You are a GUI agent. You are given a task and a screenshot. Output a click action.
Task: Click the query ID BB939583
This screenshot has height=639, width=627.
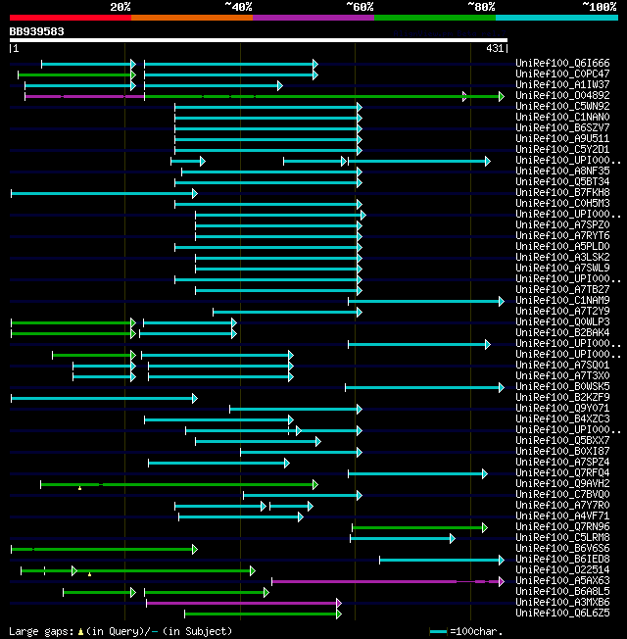point(37,31)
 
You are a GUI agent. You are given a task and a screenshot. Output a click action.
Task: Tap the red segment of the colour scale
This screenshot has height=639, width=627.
point(70,17)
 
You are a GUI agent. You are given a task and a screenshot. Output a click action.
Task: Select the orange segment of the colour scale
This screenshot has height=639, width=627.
point(191,17)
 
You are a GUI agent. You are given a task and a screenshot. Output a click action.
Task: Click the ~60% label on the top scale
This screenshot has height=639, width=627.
point(359,6)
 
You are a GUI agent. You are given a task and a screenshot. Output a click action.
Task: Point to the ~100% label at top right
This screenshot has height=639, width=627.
point(599,6)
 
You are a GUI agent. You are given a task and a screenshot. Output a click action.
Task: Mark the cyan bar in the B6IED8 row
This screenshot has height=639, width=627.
point(440,560)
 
